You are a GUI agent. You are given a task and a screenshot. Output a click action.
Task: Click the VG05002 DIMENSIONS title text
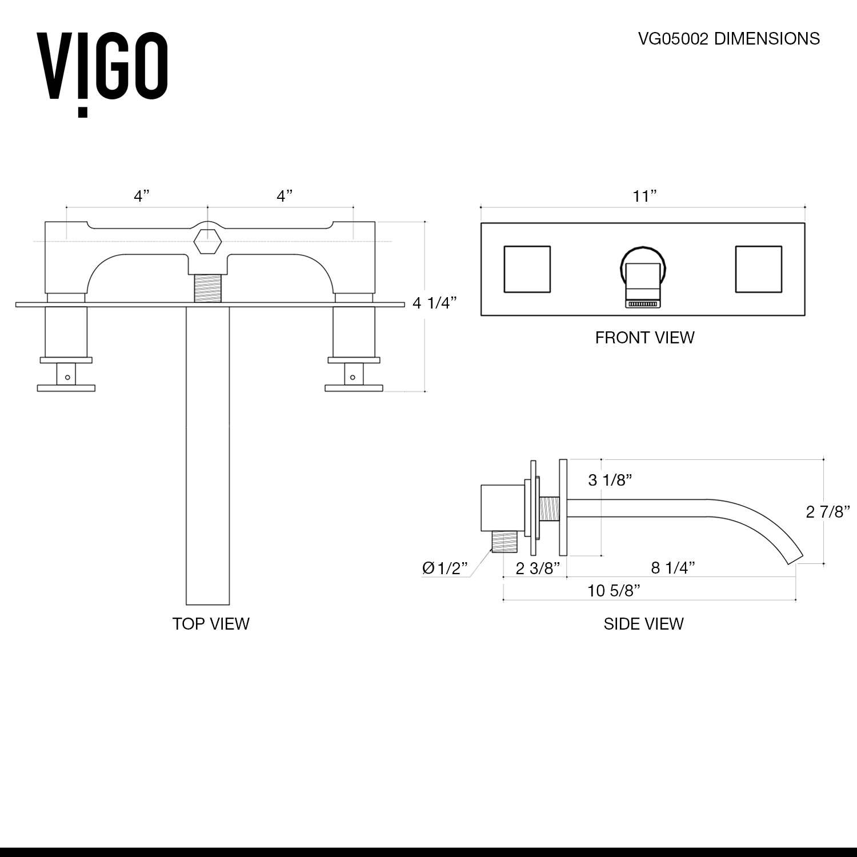pyautogui.click(x=728, y=39)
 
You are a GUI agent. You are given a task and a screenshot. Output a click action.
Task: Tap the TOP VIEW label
pyautogui.click(x=211, y=623)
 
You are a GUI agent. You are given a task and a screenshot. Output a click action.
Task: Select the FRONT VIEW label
pyautogui.click(x=644, y=338)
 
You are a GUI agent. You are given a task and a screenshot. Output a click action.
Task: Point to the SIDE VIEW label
pyautogui.click(x=643, y=623)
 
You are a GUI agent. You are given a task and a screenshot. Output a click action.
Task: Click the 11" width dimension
pyautogui.click(x=644, y=197)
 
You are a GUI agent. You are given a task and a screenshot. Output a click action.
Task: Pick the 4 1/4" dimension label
pyautogui.click(x=435, y=303)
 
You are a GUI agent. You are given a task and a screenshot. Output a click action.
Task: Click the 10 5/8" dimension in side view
pyautogui.click(x=614, y=590)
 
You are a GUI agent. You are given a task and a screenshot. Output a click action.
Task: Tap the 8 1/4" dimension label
pyautogui.click(x=672, y=567)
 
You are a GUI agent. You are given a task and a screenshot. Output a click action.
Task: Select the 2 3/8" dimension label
pyautogui.click(x=537, y=568)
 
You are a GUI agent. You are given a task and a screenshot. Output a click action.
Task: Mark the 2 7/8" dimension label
pyautogui.click(x=827, y=511)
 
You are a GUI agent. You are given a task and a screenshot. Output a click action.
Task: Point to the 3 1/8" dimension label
pyautogui.click(x=610, y=480)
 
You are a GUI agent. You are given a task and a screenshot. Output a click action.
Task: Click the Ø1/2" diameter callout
pyautogui.click(x=444, y=568)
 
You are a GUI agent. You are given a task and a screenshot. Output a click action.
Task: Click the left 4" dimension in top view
pyautogui.click(x=141, y=196)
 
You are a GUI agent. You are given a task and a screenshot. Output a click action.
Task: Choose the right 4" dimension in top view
pyautogui.click(x=284, y=196)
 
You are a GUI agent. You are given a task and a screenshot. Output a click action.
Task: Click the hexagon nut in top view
pyautogui.click(x=207, y=242)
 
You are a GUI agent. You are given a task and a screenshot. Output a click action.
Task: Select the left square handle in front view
pyautogui.click(x=527, y=269)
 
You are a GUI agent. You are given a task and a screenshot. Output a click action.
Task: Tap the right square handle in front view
pyautogui.click(x=758, y=269)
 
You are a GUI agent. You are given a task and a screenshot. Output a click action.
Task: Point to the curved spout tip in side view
pyautogui.click(x=794, y=557)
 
